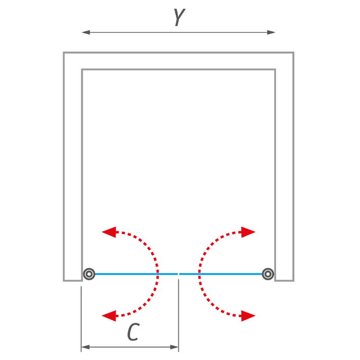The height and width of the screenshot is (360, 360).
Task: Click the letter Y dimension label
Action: pos(179,17)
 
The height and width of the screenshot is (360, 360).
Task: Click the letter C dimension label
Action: pos(133,332)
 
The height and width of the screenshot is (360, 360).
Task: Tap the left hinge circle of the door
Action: pos(89,274)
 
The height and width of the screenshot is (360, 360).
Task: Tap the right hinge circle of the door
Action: pos(267,274)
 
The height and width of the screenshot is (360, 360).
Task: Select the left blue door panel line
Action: pos(136,274)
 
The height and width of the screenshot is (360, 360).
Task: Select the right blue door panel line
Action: pos(221,274)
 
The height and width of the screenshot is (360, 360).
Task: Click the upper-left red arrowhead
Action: pos(109,232)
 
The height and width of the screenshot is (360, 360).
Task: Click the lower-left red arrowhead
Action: pos(109,316)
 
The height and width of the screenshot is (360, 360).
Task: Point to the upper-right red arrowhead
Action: pos(248,232)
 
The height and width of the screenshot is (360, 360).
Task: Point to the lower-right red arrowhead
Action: pos(248,316)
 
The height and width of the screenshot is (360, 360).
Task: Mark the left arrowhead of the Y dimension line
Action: pos(86,33)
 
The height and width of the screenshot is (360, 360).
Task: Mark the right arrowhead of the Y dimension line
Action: pos(272,33)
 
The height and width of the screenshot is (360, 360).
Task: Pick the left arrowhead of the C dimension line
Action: pos(85,347)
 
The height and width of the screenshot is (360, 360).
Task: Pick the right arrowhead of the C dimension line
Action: pos(174,347)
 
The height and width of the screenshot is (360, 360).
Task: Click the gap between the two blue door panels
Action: pos(178,274)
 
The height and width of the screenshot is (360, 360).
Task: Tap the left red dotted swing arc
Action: pos(157,274)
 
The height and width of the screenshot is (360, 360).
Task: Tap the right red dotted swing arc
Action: pos(199,274)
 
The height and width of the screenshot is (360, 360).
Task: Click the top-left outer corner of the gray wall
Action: pos(64,52)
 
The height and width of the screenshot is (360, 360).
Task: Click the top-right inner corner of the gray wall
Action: pos(275,70)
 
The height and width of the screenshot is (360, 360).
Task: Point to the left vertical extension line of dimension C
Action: pos(81,319)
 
